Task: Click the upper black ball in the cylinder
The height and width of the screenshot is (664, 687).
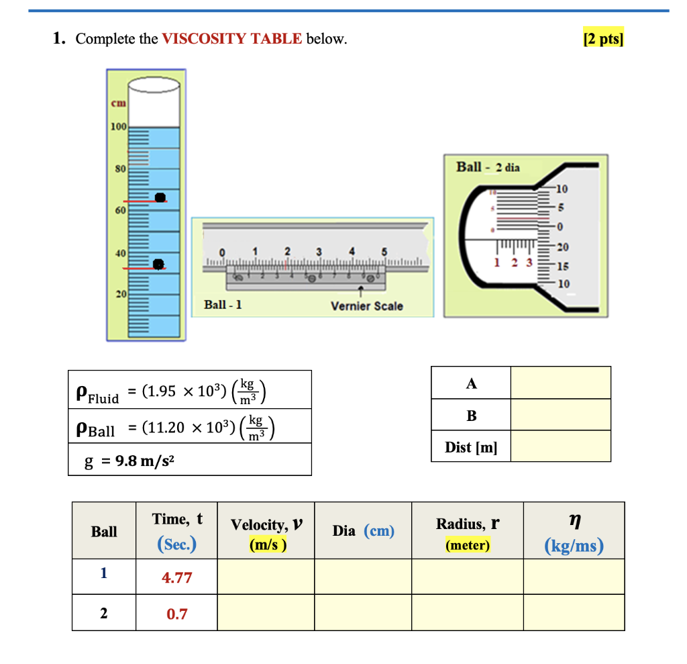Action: (160, 197)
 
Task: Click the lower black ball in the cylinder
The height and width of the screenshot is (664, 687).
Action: (158, 264)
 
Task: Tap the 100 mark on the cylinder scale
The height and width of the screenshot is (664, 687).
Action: (118, 127)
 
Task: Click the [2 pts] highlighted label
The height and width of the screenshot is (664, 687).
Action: (604, 39)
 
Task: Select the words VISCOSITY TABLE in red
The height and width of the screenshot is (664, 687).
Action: (232, 39)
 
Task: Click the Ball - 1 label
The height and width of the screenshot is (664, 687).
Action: (223, 305)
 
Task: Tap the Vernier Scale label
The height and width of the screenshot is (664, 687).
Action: (367, 306)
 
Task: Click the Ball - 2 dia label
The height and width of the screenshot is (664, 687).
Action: (488, 167)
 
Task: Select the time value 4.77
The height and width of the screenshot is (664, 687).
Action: (176, 577)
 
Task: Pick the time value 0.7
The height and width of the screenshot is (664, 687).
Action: (176, 614)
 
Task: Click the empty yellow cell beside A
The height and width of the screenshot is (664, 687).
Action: (560, 383)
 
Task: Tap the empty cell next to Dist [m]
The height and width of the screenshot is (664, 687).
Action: (560, 446)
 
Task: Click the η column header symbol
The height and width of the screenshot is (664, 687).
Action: (574, 520)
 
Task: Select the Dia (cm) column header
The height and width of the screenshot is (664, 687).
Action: (363, 531)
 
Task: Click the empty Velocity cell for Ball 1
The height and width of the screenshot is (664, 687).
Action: (265, 577)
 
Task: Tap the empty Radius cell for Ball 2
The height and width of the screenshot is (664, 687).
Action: (467, 613)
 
